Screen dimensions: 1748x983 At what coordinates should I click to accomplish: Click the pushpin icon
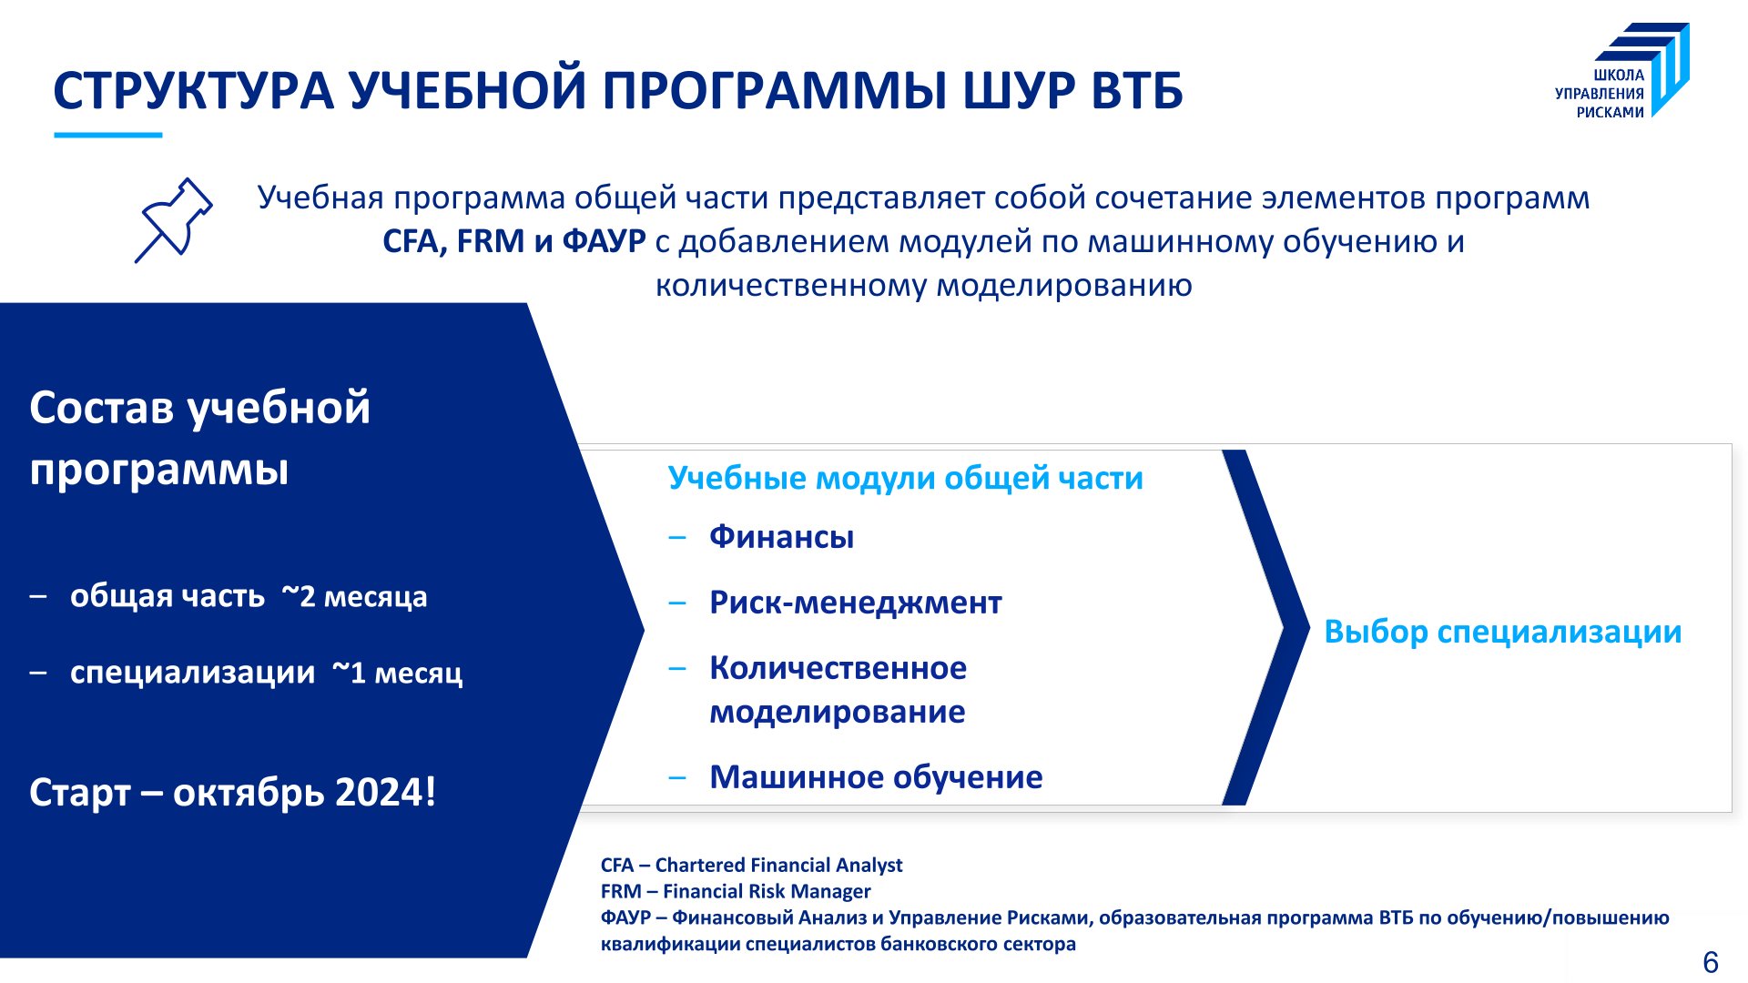[175, 219]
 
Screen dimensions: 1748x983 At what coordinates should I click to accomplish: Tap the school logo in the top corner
[1622, 71]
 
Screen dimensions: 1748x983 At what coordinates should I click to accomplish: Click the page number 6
[1711, 962]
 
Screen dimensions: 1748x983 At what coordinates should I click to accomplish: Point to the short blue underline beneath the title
[108, 136]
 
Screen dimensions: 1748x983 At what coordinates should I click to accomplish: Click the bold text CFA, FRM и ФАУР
[514, 241]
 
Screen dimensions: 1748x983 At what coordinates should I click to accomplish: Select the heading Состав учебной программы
[200, 439]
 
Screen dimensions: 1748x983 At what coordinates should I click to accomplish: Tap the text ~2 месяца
[354, 596]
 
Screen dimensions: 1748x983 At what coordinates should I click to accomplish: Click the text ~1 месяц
[397, 673]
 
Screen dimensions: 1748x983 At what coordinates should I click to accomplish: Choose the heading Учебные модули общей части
[906, 479]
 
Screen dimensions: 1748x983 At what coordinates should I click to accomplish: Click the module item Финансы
[782, 537]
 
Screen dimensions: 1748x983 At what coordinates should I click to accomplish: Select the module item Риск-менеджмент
[856, 603]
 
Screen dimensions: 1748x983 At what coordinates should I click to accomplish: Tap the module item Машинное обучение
[876, 777]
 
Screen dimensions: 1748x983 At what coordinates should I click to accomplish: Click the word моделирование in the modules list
[838, 712]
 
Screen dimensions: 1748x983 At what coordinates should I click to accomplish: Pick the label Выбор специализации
[1503, 632]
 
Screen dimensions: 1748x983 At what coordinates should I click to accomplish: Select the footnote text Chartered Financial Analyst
[779, 865]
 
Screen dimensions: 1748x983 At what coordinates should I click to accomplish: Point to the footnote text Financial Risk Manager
[767, 891]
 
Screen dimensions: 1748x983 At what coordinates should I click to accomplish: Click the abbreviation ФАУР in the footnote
[625, 917]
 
